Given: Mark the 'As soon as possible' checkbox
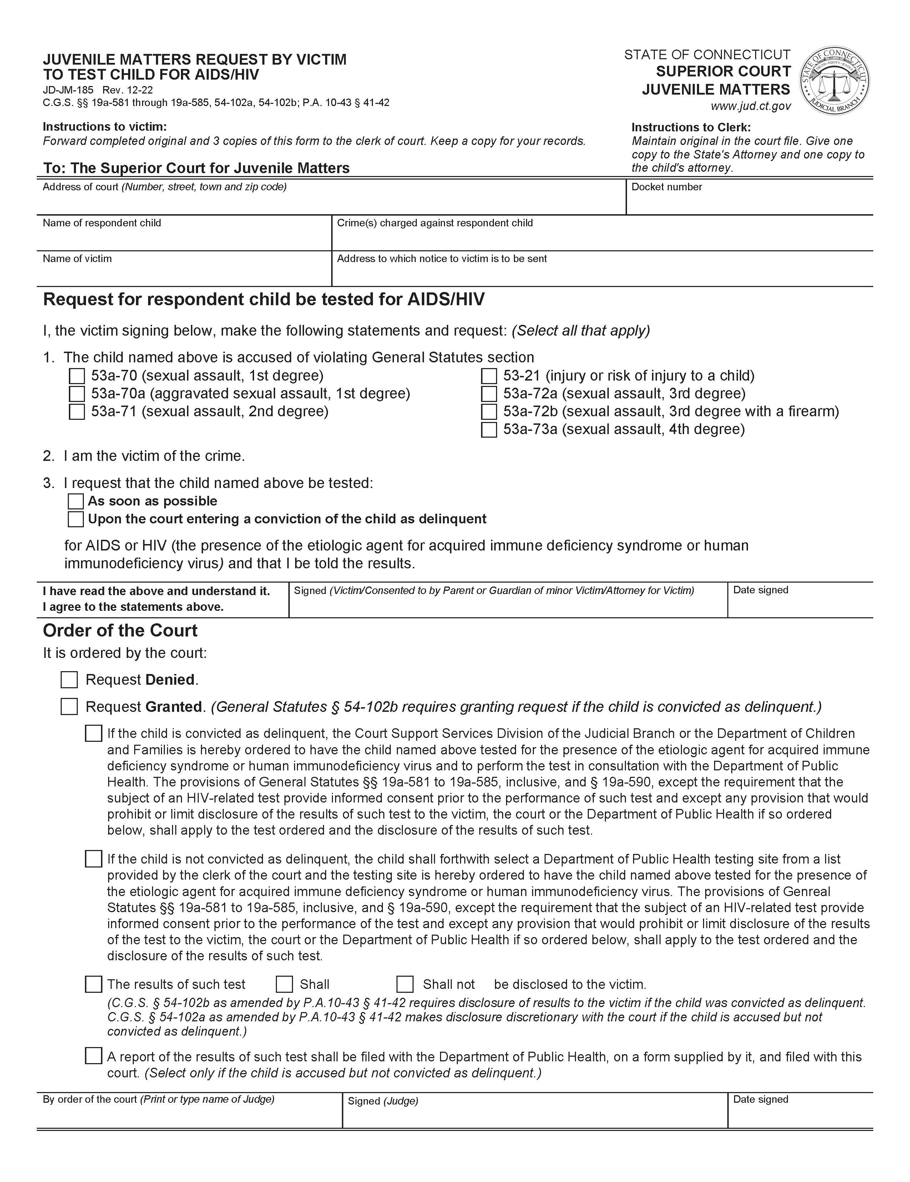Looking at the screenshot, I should click(x=76, y=501).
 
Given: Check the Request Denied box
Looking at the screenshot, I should click(x=69, y=680).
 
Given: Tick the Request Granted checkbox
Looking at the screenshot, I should click(x=69, y=707).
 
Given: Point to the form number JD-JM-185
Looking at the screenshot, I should click(x=68, y=90).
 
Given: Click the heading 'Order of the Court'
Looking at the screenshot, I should click(x=120, y=630).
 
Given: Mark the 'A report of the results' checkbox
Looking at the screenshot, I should click(x=93, y=1056).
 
